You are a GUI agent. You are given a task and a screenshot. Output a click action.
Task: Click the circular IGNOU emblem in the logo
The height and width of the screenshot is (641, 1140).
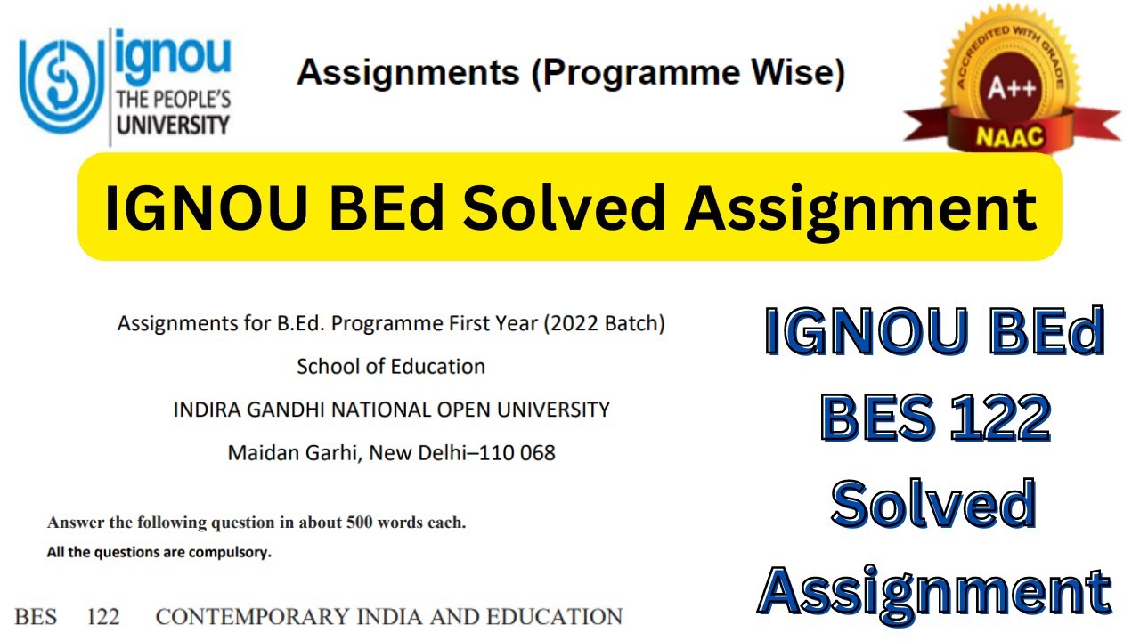point(61,83)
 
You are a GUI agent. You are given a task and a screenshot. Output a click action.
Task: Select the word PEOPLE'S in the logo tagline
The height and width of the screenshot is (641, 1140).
point(189,98)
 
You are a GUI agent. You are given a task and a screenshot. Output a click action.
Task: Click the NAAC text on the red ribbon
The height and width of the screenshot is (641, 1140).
point(1012,137)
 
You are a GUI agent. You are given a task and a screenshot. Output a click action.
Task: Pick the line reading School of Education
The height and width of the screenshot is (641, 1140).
point(391,366)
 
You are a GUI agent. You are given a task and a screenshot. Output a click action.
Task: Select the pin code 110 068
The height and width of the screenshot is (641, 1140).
point(517,452)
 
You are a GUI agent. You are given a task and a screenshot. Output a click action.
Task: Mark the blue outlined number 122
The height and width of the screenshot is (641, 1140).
point(998,418)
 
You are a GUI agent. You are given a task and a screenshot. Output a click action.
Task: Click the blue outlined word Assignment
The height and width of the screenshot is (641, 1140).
point(935,591)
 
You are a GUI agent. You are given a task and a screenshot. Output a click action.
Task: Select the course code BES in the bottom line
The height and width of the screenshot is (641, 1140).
point(36,616)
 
